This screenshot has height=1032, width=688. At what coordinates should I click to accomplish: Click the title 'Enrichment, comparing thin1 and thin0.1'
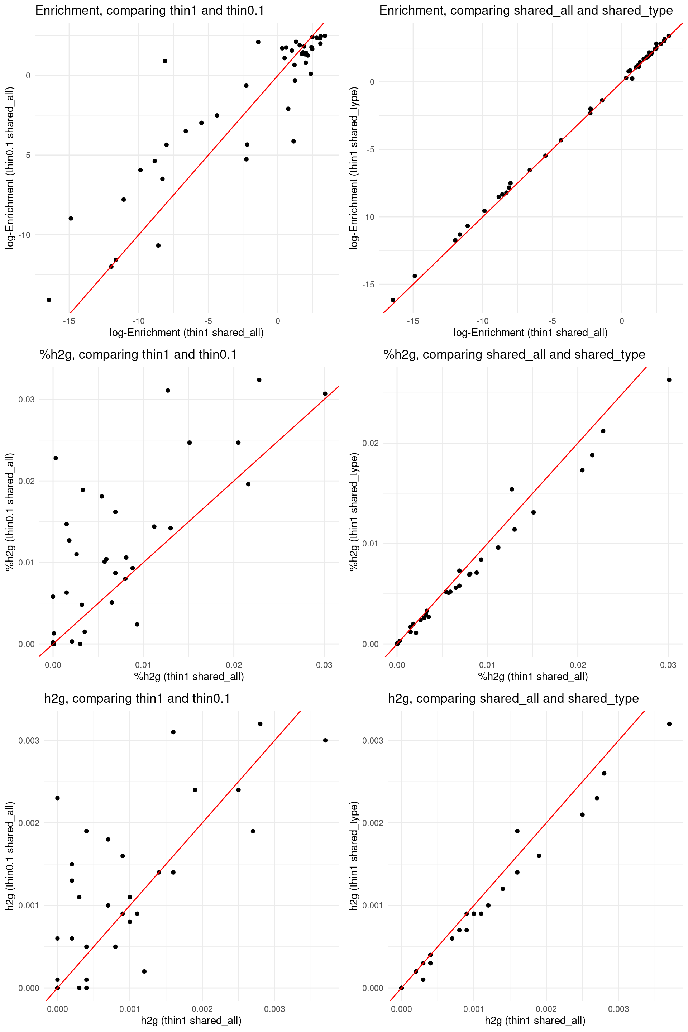pyautogui.click(x=150, y=10)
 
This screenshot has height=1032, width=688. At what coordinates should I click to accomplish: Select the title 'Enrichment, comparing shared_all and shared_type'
pyautogui.click(x=526, y=10)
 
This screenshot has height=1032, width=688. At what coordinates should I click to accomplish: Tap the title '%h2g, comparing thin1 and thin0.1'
pyautogui.click(x=138, y=354)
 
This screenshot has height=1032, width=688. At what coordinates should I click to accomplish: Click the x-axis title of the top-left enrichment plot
pyautogui.click(x=186, y=333)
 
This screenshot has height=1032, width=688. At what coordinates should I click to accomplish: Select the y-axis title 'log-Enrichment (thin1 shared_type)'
pyautogui.click(x=354, y=168)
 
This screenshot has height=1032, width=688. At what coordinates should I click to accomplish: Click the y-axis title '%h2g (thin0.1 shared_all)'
pyautogui.click(x=10, y=512)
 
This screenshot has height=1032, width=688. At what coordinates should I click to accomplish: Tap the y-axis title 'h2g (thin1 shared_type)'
pyautogui.click(x=354, y=856)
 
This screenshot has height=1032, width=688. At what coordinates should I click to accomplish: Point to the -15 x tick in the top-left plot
pyautogui.click(x=69, y=321)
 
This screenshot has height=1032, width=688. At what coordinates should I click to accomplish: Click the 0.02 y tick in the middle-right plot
pyautogui.click(x=370, y=443)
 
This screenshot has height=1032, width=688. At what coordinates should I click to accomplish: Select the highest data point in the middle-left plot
pyautogui.click(x=259, y=380)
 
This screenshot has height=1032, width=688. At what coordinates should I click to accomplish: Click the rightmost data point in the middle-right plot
pyautogui.click(x=669, y=380)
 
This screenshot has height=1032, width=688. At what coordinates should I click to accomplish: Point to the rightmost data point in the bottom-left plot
pyautogui.click(x=325, y=741)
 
